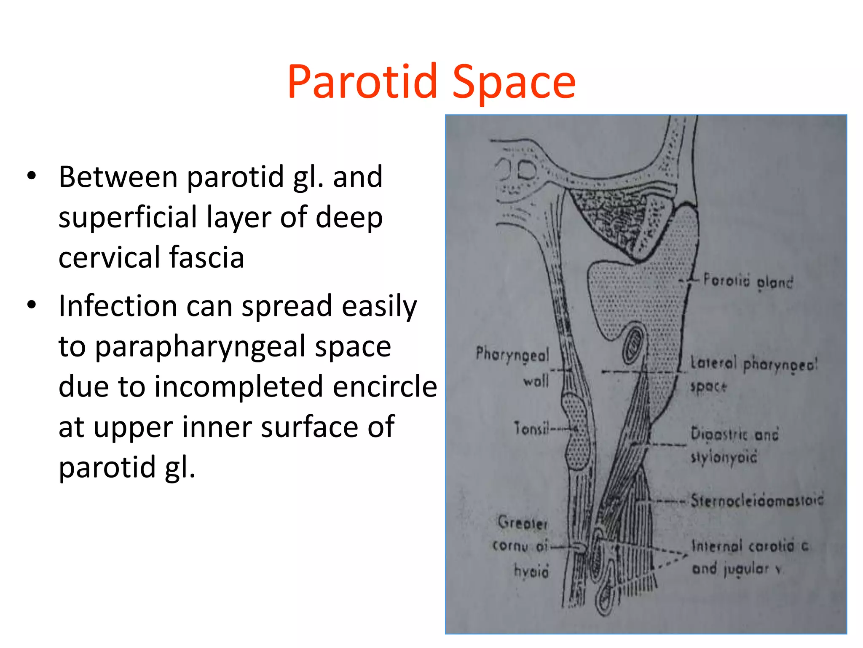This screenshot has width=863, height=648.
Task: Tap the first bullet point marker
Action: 32,176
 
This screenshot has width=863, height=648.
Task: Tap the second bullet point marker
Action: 32,305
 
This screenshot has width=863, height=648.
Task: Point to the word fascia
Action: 206,257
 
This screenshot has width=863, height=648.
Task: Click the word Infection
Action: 118,305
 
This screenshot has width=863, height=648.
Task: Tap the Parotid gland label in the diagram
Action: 748,281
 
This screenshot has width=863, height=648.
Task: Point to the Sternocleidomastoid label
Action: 757,500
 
